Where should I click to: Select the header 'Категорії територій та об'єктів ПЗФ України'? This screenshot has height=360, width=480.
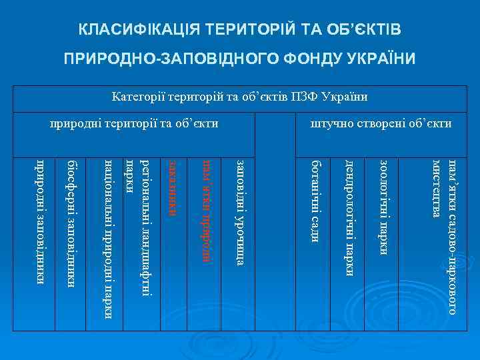(x=240, y=97)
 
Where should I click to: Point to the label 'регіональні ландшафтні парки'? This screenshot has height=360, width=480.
(x=141, y=227)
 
